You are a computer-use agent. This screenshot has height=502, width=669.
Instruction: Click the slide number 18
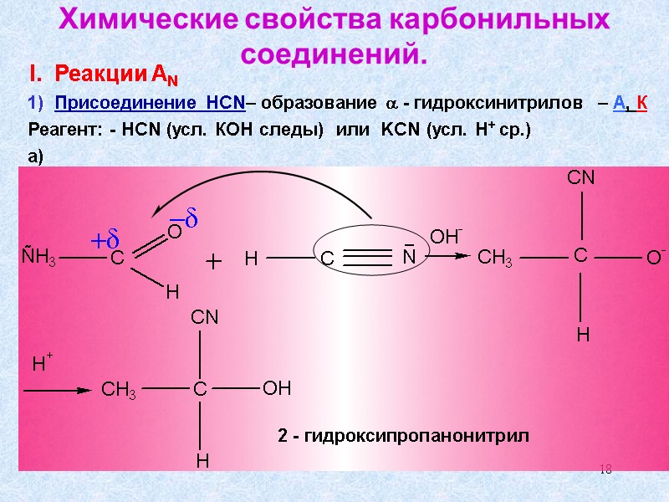pos(606,469)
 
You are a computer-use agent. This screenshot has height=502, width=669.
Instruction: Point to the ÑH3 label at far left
pos(38,259)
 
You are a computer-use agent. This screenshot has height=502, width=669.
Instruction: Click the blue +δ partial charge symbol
pos(107,240)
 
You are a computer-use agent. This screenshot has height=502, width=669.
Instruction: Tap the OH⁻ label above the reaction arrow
pos(447,235)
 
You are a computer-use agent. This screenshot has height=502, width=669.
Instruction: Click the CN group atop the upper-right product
pos(580,177)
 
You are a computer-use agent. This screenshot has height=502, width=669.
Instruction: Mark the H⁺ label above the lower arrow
pos(43,364)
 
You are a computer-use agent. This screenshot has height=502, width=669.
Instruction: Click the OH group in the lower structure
pos(276,389)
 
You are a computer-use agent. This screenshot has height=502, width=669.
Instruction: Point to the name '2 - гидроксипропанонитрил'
pos(404,436)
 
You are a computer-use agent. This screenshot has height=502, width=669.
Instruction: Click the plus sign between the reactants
pos(215,263)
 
